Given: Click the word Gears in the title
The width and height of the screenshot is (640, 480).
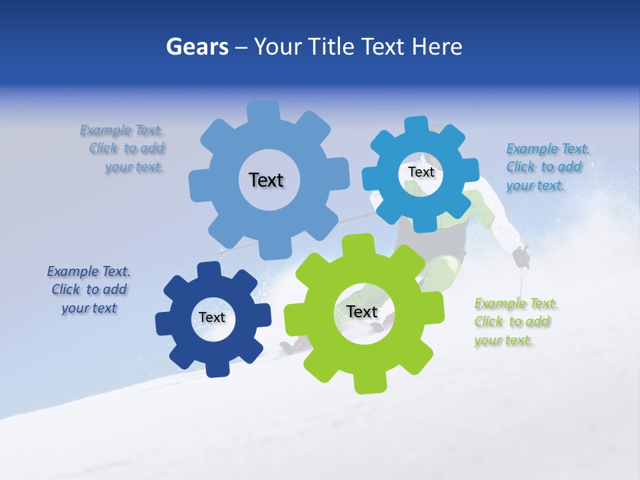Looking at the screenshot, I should tap(197, 47).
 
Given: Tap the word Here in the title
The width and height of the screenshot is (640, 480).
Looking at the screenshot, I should tap(437, 47).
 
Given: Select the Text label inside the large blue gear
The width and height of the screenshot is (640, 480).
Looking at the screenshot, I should tap(266, 180).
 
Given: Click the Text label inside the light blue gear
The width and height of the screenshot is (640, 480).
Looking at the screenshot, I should tap(421, 172).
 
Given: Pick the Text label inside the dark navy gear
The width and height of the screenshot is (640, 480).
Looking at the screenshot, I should tap(212, 317).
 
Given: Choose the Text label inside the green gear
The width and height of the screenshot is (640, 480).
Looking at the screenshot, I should tap(362, 311).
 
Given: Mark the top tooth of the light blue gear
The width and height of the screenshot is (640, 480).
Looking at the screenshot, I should tap(416, 126).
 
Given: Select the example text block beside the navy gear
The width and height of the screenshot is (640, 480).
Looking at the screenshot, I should tap(89, 289).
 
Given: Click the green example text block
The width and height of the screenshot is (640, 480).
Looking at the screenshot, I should tap(515, 322).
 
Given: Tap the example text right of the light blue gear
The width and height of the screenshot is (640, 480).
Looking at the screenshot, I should tap(547, 167).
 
